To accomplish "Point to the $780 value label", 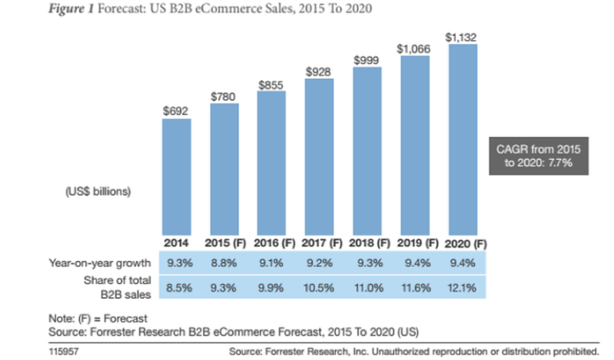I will tap(224, 95).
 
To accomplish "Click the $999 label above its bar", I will tap(367, 59).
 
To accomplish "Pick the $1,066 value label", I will tap(415, 49).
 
